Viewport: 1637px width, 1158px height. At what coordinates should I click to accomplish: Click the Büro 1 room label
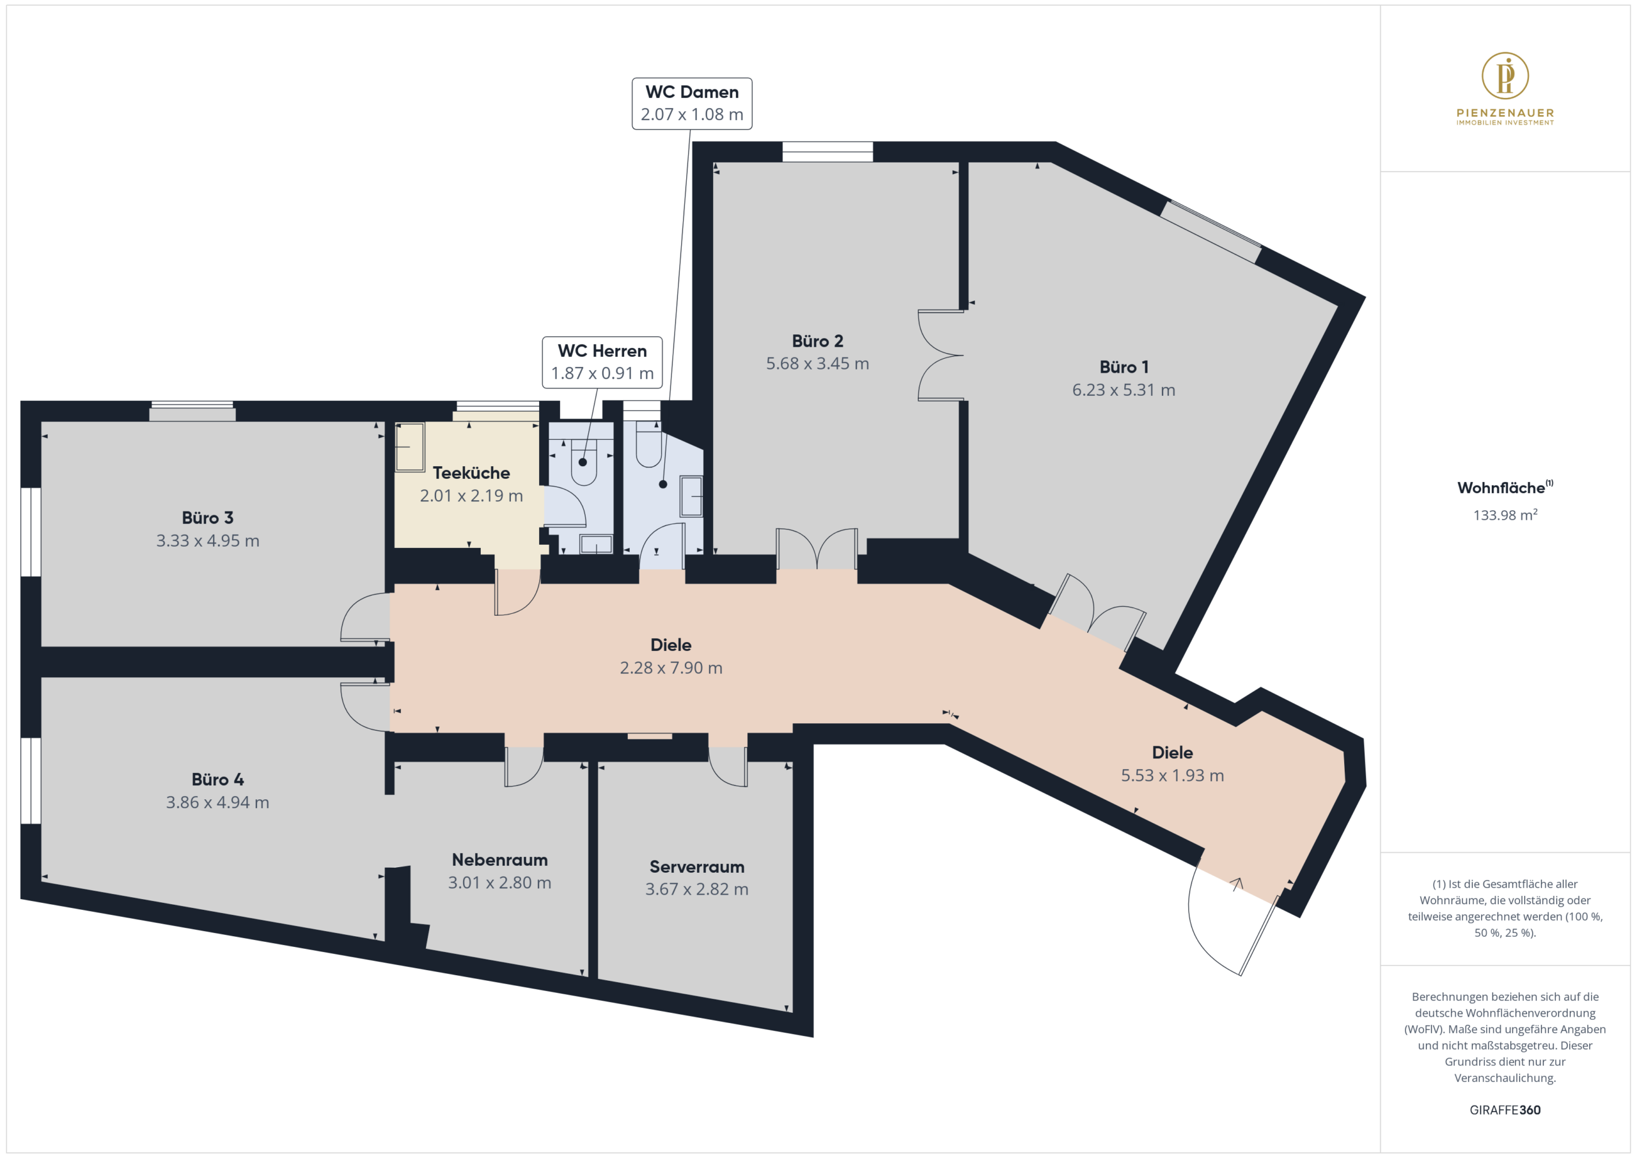click(x=1124, y=367)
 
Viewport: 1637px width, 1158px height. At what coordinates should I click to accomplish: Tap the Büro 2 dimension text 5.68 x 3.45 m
click(x=817, y=364)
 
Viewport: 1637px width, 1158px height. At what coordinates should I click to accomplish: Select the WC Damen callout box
click(x=692, y=104)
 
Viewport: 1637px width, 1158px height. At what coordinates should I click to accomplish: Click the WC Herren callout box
click(x=602, y=362)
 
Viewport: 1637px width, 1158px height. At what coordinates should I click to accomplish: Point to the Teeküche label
click(x=471, y=473)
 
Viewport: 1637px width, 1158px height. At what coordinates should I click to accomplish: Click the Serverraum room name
click(x=696, y=867)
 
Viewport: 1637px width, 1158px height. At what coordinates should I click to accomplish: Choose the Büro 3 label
click(x=207, y=518)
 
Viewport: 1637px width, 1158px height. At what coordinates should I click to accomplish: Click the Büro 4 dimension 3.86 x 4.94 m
click(x=217, y=802)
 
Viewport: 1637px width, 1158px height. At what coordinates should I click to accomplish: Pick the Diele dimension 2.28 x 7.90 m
click(x=671, y=668)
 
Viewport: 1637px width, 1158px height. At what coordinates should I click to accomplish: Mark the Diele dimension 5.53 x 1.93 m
click(x=1172, y=775)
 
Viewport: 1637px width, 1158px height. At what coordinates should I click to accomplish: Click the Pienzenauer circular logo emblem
click(x=1505, y=75)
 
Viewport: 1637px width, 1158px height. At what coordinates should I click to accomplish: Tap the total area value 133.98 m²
click(x=1505, y=515)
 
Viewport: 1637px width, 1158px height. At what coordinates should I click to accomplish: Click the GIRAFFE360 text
click(x=1505, y=1109)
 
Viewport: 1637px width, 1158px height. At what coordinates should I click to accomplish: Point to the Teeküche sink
click(x=410, y=447)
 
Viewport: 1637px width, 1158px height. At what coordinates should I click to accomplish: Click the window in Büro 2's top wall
click(x=827, y=152)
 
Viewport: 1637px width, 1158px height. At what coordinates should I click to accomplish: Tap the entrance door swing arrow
click(x=1237, y=884)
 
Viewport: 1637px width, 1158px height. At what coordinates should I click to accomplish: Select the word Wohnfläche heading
click(x=1501, y=488)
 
